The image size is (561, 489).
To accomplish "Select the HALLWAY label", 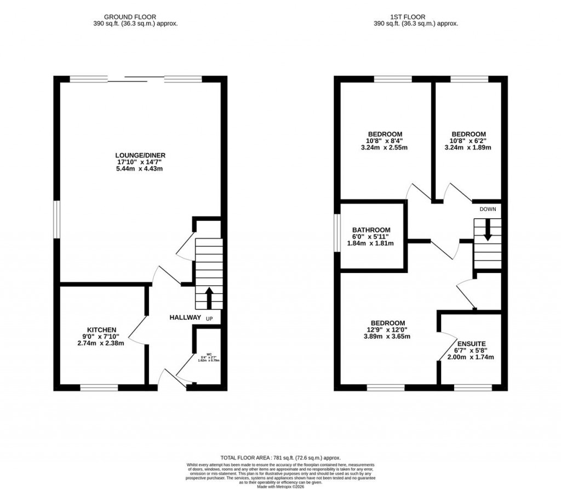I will click(x=185, y=318).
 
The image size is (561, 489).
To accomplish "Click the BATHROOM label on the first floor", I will click(x=371, y=230).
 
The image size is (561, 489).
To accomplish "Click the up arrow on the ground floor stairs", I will click(x=209, y=298).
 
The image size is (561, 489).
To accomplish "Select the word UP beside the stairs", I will click(x=209, y=319).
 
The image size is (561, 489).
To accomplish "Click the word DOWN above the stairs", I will click(x=487, y=209).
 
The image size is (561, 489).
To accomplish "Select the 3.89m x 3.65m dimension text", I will click(x=387, y=337).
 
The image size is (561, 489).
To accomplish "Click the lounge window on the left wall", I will click(x=56, y=219).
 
